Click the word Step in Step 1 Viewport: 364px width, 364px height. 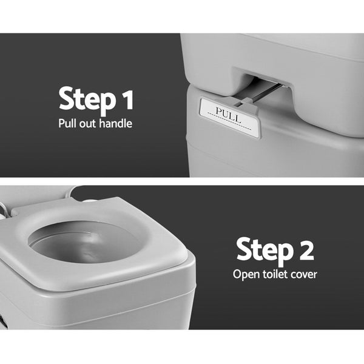pyautogui.click(x=87, y=99)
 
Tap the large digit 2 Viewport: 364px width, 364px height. pyautogui.click(x=306, y=249)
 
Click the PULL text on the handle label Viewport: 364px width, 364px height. pyautogui.click(x=229, y=112)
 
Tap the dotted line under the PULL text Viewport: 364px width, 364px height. pyautogui.click(x=229, y=120)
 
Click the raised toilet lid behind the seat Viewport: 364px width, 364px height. pyautogui.click(x=36, y=193)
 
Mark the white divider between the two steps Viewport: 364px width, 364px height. pyautogui.click(x=182, y=181)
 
